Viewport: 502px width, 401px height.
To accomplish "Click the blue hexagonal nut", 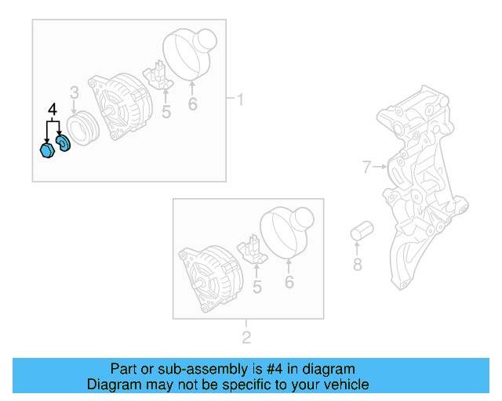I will [x=46, y=150].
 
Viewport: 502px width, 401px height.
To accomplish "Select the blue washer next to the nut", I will [x=63, y=143].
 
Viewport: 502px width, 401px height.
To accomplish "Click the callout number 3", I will [x=74, y=93].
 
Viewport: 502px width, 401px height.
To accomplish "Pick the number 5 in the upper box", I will [x=166, y=113].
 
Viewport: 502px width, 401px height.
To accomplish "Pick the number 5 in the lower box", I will [x=257, y=287].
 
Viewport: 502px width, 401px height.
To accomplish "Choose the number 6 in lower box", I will [x=289, y=282].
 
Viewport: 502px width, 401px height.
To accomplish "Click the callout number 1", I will [x=241, y=99].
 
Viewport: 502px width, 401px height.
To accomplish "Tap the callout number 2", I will [x=246, y=338].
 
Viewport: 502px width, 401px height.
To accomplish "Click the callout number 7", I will [x=366, y=166].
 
